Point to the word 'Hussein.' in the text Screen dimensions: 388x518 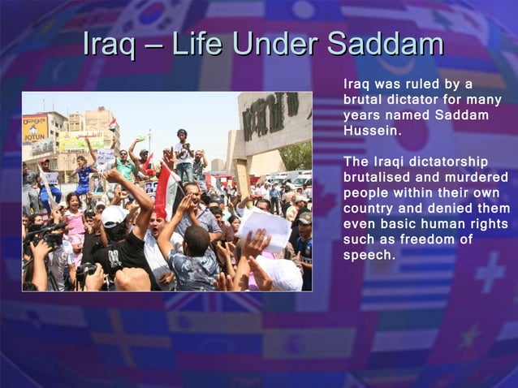[372, 130]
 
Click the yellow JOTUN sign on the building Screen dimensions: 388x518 [34, 129]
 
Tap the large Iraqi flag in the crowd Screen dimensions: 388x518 [167, 191]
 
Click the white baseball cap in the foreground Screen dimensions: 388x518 [114, 216]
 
